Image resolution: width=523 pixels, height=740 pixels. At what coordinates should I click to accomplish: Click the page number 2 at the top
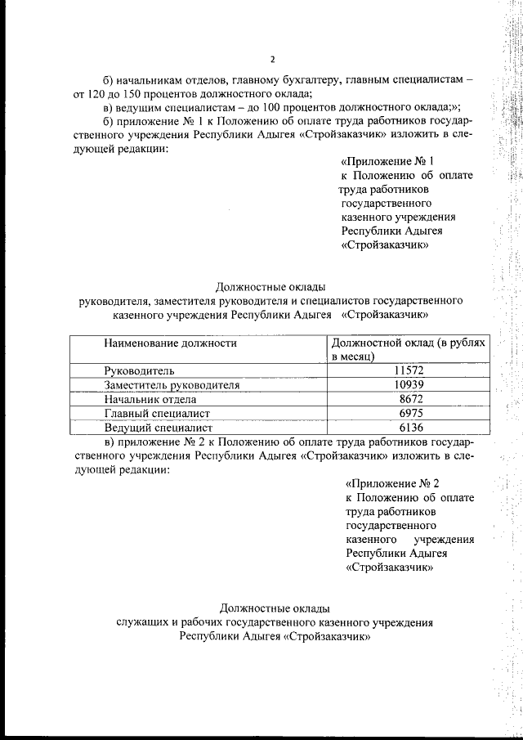273,58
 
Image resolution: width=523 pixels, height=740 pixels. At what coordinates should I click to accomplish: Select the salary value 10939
408,385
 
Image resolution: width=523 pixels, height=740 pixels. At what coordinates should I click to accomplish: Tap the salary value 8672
408,399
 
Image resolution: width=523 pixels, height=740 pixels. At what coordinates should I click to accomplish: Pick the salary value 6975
408,414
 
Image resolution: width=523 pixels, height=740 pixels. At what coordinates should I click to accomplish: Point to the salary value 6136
408,428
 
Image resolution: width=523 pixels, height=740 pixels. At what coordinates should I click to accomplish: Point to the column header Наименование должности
170,343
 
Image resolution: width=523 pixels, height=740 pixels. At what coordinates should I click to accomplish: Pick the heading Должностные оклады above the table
270,286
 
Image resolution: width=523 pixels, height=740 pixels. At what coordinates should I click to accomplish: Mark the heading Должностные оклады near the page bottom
275,608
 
